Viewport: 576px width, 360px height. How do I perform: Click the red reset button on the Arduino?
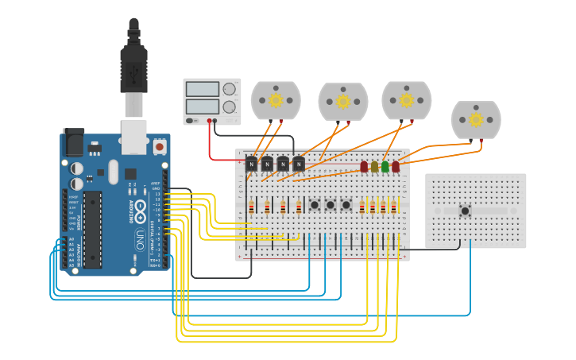coord(160,147)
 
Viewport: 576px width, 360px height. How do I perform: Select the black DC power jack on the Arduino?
coord(73,142)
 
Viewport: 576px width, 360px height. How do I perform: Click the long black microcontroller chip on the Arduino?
coord(92,229)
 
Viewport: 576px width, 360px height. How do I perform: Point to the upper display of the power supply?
coord(203,89)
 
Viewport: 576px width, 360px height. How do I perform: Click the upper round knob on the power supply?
coord(230,89)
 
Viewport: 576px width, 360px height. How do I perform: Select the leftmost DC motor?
coord(276,100)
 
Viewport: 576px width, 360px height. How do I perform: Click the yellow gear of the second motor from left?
coord(343,102)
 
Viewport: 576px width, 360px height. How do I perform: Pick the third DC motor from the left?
coord(406,100)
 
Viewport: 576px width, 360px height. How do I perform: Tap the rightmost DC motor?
coord(476,119)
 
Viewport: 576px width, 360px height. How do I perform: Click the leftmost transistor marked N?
coord(252,164)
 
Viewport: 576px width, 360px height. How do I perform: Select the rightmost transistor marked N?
coord(299,164)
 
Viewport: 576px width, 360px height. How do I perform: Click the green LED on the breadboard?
coord(385,167)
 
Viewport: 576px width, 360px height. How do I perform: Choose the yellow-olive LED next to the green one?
coord(375,167)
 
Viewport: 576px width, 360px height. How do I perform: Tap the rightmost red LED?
coord(396,167)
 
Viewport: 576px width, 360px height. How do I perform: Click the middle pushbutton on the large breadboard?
coord(331,205)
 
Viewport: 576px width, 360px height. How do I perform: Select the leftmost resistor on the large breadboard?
coord(252,207)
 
